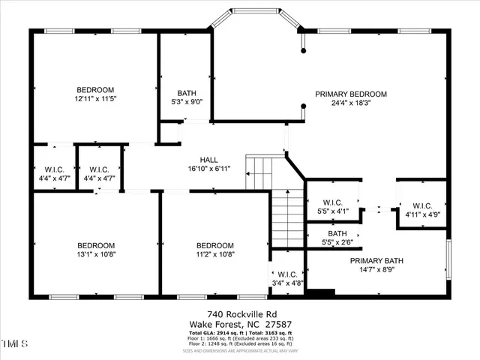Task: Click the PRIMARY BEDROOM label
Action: click(x=350, y=94)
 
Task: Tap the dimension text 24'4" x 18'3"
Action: click(x=350, y=104)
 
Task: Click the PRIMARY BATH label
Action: click(x=376, y=261)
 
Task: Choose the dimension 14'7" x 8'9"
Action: click(x=376, y=271)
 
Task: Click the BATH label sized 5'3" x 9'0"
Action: click(x=187, y=93)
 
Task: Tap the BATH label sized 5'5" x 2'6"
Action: click(x=327, y=234)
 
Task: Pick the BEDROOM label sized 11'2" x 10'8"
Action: click(x=214, y=245)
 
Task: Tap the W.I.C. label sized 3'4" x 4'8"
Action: click(x=286, y=273)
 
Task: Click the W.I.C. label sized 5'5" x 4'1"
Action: click(x=332, y=202)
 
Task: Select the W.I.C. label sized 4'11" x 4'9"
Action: click(x=422, y=205)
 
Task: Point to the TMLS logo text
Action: click(x=13, y=346)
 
